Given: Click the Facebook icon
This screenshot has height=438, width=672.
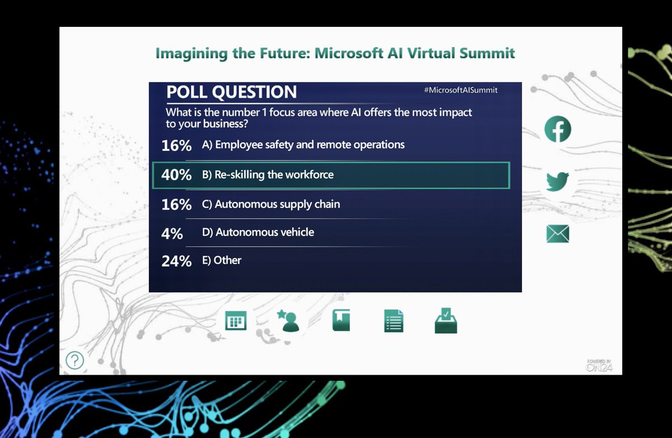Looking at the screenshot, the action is (x=558, y=129).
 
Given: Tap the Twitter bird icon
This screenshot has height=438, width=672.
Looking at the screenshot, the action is (x=557, y=182).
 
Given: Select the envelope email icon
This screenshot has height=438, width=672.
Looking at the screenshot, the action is (x=558, y=234).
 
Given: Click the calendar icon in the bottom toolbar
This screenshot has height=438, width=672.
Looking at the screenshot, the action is (x=236, y=321).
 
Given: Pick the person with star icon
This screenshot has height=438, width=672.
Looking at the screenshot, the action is (x=288, y=321).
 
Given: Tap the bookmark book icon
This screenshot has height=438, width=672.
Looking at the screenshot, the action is (x=341, y=320).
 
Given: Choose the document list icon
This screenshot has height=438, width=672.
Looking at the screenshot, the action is (x=394, y=321).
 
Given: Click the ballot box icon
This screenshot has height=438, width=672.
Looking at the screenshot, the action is (x=446, y=321).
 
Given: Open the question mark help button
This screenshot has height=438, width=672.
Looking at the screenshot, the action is (x=74, y=360).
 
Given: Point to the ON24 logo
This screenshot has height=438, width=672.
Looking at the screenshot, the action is (x=599, y=365).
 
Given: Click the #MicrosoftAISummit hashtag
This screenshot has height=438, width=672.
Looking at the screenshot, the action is (x=460, y=90).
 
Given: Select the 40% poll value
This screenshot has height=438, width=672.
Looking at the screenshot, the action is (x=176, y=174).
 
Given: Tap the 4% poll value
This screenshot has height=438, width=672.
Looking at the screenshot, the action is (x=172, y=233).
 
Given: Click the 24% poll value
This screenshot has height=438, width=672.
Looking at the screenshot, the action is (x=176, y=261).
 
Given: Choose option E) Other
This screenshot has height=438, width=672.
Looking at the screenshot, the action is (x=221, y=260).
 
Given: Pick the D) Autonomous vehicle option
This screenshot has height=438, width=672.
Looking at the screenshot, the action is (x=258, y=232).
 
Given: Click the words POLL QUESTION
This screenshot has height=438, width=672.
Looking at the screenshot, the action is (x=231, y=91).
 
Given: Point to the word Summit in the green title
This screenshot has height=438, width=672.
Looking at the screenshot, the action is (x=487, y=53).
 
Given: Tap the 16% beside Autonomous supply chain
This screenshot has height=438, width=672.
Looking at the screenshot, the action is (x=176, y=204).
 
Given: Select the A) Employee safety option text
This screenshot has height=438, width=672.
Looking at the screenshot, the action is (x=303, y=145).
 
